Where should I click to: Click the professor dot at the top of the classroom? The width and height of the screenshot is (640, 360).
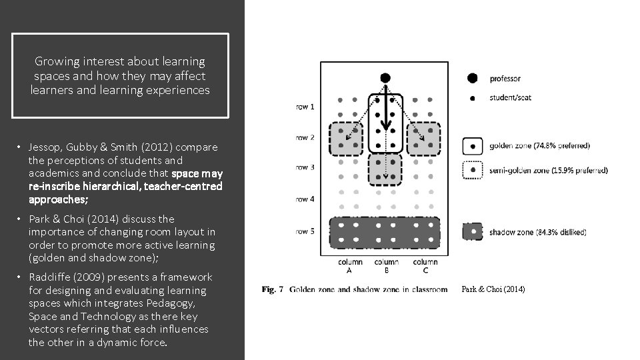click(x=385, y=78)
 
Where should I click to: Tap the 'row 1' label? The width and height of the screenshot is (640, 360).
click(x=305, y=107)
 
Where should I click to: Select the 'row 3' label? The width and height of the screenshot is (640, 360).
click(x=305, y=167)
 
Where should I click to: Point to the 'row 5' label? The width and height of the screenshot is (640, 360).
click(x=305, y=231)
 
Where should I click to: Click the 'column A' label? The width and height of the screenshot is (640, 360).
click(x=350, y=265)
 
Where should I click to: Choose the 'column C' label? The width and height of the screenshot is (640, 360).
click(x=425, y=265)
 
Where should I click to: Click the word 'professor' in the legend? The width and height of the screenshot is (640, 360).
click(x=505, y=79)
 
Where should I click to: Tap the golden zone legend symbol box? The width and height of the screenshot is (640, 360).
click(x=473, y=145)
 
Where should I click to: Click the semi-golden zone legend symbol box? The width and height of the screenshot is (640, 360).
click(x=473, y=171)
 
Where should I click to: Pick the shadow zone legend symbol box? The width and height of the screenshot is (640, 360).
click(x=473, y=232)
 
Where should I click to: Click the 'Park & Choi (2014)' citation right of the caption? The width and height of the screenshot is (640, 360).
click(x=493, y=289)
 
